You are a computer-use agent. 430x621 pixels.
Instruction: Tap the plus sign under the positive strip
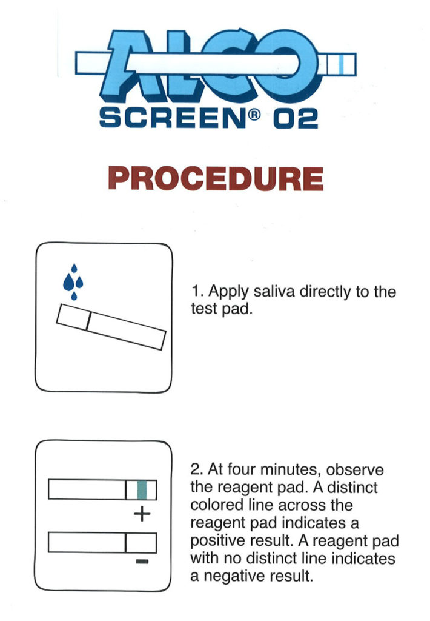click(x=141, y=515)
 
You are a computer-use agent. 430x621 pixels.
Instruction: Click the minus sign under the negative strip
click(x=142, y=562)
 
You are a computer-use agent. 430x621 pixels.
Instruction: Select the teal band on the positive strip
click(x=142, y=489)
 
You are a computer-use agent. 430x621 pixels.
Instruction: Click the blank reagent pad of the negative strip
click(x=141, y=542)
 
